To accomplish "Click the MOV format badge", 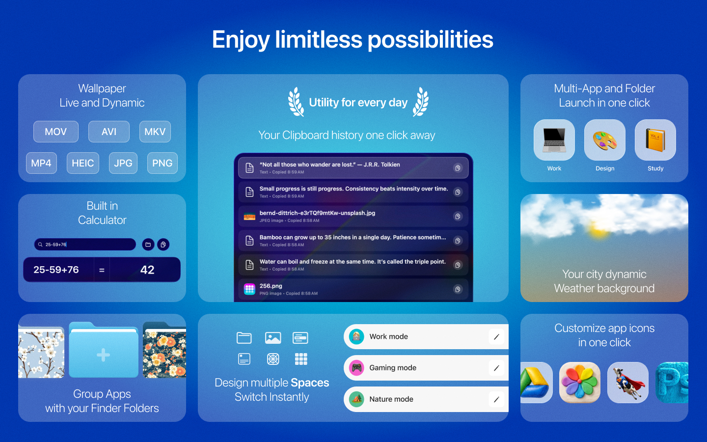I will click(55, 132).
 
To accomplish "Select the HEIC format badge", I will click(83, 163).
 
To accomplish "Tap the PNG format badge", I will click(162, 163).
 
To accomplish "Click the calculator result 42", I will click(147, 270).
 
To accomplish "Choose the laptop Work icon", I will click(554, 140).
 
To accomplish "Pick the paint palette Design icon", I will click(605, 140).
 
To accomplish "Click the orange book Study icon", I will click(655, 140).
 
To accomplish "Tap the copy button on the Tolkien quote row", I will click(458, 168).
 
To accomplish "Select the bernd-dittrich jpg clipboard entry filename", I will click(317, 213).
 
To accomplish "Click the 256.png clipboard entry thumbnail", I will click(249, 289).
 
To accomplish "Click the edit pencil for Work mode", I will click(496, 337).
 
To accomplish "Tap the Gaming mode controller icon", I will click(356, 368).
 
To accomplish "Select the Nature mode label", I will click(391, 399).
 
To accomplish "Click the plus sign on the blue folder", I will click(103, 355).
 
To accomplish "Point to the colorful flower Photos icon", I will click(580, 383).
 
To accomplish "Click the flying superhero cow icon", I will click(628, 383).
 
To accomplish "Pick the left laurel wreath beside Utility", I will click(296, 102).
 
